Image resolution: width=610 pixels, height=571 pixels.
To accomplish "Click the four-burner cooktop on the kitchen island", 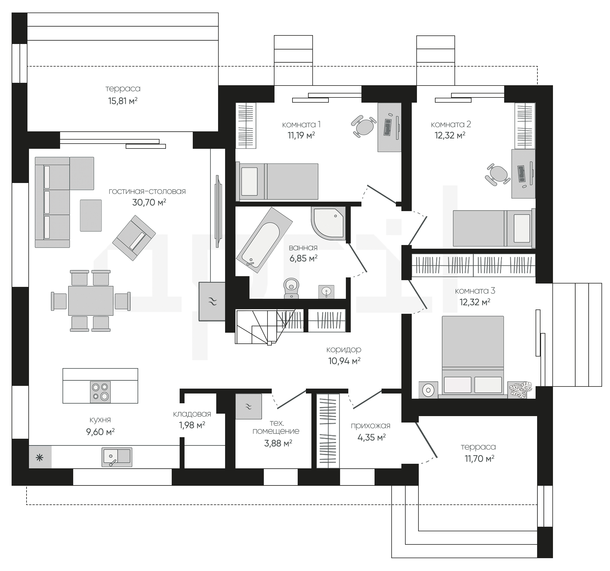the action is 100,392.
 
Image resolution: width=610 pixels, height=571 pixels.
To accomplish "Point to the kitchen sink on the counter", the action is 117,457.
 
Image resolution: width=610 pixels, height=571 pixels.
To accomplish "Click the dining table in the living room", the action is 91,301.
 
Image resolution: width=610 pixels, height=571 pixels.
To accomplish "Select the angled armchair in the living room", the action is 134,238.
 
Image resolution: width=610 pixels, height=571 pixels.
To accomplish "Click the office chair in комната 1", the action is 364,126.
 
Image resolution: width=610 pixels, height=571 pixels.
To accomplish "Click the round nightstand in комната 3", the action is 428,390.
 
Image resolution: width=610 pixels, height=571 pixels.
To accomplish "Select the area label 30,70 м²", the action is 149,203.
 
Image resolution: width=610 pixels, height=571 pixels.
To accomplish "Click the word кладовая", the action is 192,414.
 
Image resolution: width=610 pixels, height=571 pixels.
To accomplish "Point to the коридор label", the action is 344,350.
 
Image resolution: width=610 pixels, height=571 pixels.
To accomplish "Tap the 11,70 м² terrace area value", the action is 479,459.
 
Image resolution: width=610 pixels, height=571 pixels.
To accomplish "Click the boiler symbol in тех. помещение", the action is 249,407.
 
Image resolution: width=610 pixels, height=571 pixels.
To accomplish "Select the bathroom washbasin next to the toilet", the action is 326,292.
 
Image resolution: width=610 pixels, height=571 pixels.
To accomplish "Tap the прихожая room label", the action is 371,426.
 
